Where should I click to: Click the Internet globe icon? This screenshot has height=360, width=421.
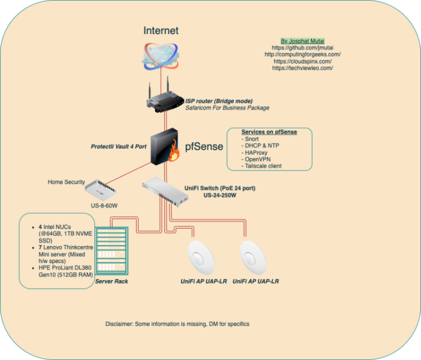[161, 56]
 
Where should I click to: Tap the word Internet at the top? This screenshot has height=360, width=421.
[161, 31]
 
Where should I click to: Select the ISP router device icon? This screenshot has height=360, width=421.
[163, 99]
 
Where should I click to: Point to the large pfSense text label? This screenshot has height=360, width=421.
[204, 146]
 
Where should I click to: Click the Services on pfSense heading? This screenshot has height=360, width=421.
[269, 133]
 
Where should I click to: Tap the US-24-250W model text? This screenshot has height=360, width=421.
[219, 195]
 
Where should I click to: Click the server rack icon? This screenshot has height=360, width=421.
[112, 252]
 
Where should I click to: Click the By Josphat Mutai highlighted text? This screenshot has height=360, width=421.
[303, 41]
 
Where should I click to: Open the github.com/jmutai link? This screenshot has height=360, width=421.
[303, 48]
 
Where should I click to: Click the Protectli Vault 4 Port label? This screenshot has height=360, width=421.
[118, 147]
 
